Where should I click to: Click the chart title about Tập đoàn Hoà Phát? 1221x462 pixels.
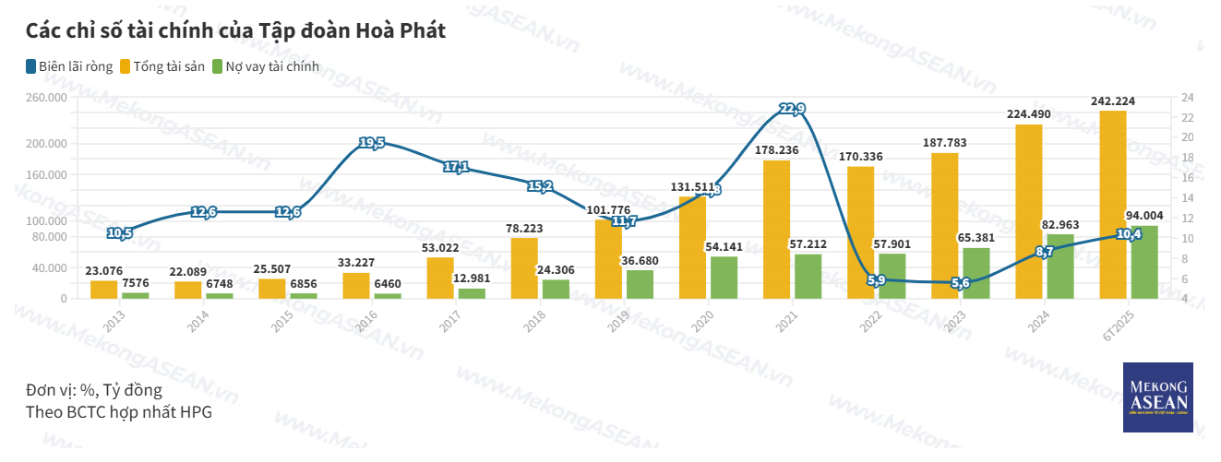point(235,30)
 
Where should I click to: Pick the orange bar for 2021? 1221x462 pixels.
point(777,230)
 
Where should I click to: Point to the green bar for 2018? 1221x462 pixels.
point(556,289)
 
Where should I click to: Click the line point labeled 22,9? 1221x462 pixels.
point(792,109)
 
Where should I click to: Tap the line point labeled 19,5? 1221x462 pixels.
point(372,143)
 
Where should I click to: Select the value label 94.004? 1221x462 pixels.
point(1144,216)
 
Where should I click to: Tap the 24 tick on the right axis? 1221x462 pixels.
point(1187,98)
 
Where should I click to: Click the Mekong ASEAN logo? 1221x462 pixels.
point(1158,397)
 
